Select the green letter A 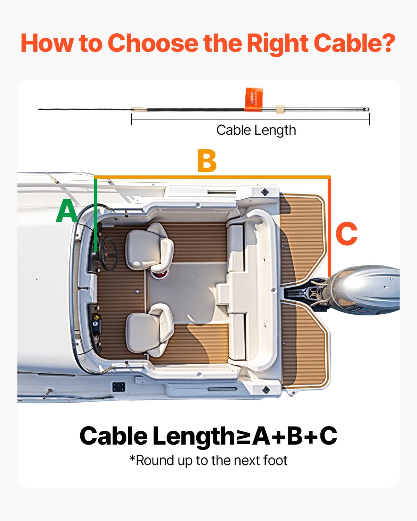[67, 212]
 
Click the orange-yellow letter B [207, 161]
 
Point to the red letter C [346, 234]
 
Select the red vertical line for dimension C [329, 226]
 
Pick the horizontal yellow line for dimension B [212, 177]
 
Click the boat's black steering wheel [108, 254]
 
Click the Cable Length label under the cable [256, 130]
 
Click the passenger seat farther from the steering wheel [149, 330]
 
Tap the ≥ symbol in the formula [244, 436]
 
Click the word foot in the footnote [275, 461]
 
